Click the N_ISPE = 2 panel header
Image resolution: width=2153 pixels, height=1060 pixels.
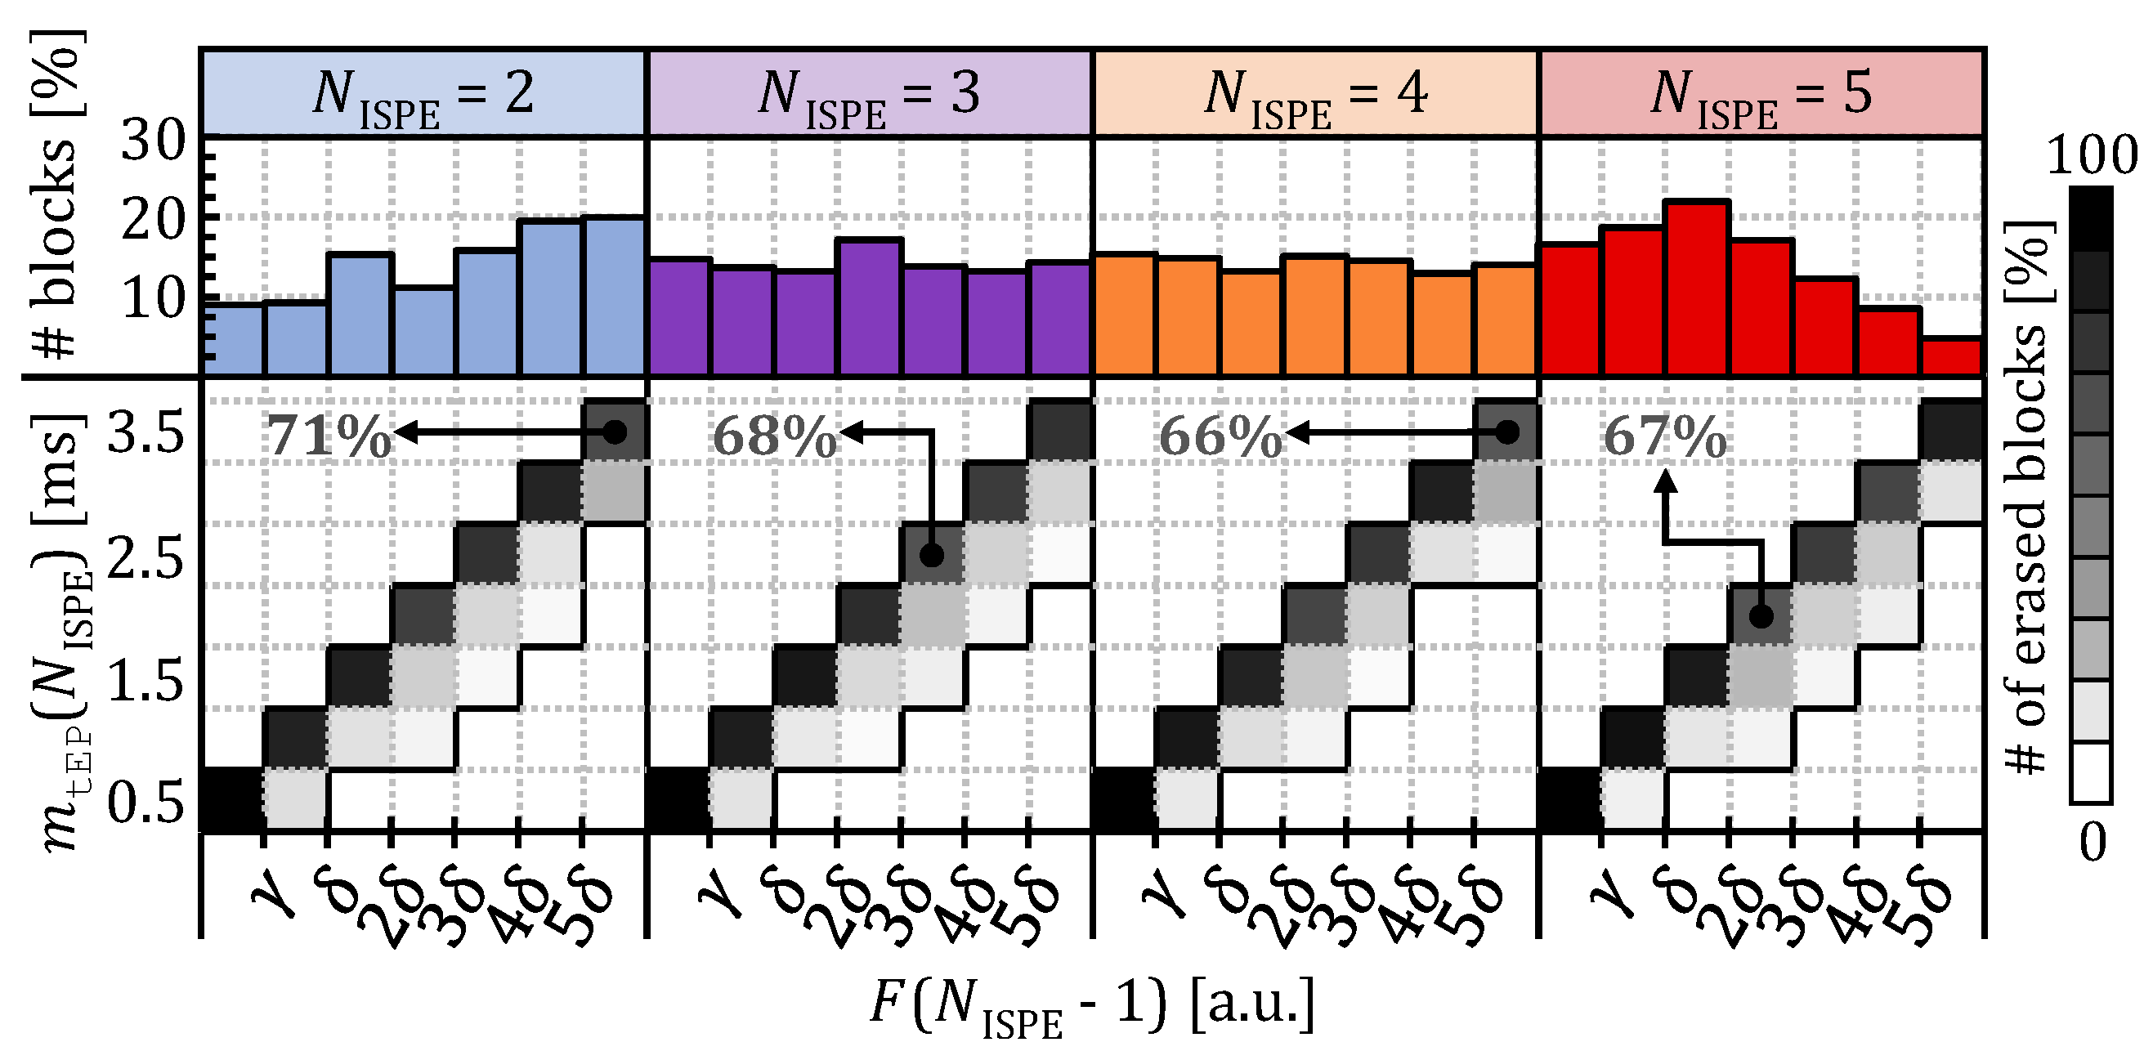(423, 93)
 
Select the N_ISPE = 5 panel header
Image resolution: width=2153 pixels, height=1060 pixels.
(1761, 93)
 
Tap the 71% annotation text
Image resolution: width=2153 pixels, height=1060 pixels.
(327, 436)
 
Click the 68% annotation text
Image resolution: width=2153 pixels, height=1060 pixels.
(773, 436)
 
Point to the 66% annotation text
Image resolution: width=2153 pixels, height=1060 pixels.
(1220, 436)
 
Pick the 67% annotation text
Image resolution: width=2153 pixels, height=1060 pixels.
(1664, 436)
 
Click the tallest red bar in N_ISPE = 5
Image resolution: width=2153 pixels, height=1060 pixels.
(1697, 288)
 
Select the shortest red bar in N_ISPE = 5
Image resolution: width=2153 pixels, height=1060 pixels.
(1951, 357)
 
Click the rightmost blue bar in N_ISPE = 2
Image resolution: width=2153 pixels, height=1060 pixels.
(615, 297)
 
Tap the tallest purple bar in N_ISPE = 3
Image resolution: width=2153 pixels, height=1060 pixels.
(869, 307)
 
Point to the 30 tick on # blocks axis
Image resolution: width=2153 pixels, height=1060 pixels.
(152, 141)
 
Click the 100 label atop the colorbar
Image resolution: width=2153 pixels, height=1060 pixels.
(2091, 155)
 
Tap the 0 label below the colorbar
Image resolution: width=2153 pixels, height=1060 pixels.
(2093, 843)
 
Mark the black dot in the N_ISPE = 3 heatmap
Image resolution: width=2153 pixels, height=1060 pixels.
(932, 555)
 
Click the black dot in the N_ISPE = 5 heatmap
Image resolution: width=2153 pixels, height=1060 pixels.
(1761, 617)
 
